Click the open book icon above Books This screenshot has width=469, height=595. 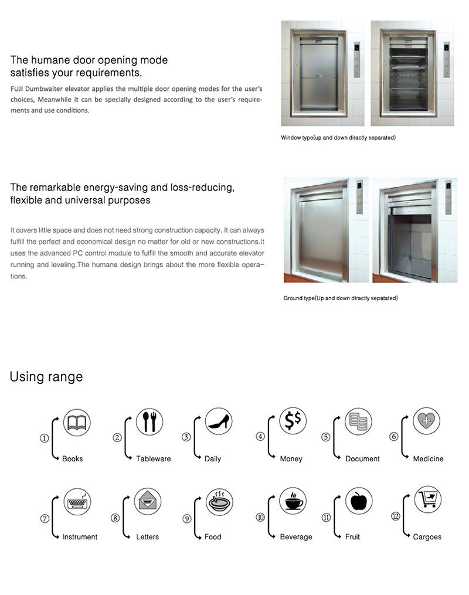[x=77, y=422]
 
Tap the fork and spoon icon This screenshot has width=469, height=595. [x=149, y=422]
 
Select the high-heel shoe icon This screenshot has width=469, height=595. [x=219, y=422]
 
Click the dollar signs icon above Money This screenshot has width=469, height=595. [x=293, y=422]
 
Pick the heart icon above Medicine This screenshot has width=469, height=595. [x=426, y=421]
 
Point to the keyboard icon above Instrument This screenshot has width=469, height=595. [x=77, y=501]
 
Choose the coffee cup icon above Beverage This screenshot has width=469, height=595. [x=293, y=501]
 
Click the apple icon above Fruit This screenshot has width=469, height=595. [x=358, y=501]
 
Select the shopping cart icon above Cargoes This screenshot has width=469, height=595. [x=428, y=499]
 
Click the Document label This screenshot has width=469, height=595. [x=362, y=459]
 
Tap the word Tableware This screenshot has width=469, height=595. [x=154, y=459]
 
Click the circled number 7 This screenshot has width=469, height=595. [x=45, y=518]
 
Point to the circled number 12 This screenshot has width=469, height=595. [x=395, y=516]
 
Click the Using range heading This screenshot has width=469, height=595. [x=46, y=376]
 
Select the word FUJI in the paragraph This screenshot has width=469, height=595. [x=19, y=89]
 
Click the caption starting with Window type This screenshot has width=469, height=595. [x=339, y=138]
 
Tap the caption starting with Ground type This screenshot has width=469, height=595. [x=341, y=298]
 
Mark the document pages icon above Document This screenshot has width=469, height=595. [x=358, y=422]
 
